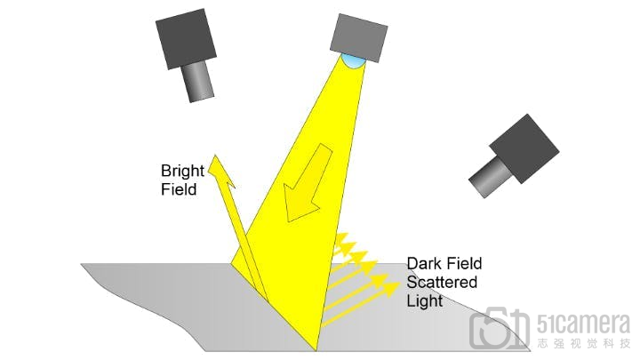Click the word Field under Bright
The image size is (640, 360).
179,188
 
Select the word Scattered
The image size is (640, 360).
442,282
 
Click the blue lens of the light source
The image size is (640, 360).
354,60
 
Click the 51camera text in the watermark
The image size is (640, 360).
582,324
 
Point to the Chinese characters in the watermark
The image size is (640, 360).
582,342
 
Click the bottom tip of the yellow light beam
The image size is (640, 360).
316,347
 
